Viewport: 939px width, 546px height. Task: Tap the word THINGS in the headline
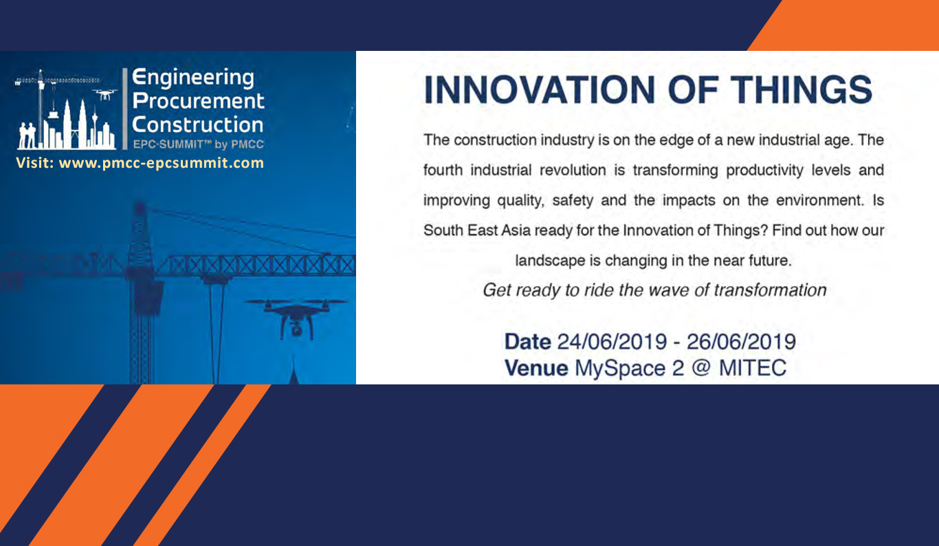(801, 90)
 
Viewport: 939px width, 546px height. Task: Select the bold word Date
(527, 342)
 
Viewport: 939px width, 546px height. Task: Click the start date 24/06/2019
(612, 342)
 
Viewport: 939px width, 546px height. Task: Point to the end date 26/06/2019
(741, 342)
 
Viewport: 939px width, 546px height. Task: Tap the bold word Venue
(536, 368)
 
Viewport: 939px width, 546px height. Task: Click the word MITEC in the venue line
(753, 368)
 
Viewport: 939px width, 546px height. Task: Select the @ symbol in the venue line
(701, 368)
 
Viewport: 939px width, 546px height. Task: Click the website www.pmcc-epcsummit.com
(162, 163)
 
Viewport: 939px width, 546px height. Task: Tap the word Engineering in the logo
(193, 78)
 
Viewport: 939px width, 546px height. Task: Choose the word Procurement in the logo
(198, 101)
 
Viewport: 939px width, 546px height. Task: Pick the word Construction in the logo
(197, 124)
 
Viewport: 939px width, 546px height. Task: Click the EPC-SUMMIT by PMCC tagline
(198, 144)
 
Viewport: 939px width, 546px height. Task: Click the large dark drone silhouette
(296, 318)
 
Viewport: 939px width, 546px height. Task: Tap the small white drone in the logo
(104, 95)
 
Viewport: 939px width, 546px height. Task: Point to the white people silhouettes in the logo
(27, 135)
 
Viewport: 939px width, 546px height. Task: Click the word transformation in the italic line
(770, 290)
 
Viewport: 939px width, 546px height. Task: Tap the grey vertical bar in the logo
(125, 109)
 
